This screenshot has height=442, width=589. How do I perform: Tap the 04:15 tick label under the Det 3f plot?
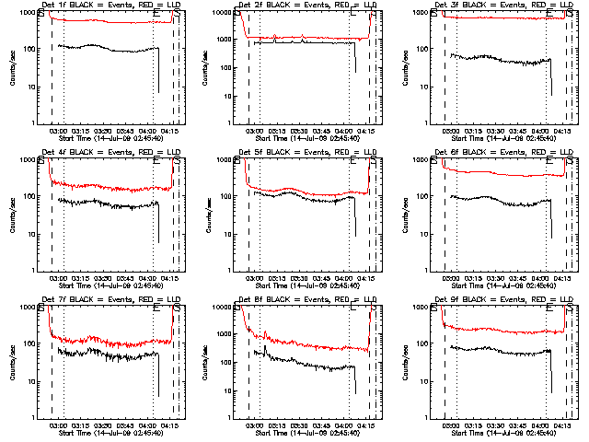coord(563,132)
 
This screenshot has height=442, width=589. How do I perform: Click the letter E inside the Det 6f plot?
coord(549,164)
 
